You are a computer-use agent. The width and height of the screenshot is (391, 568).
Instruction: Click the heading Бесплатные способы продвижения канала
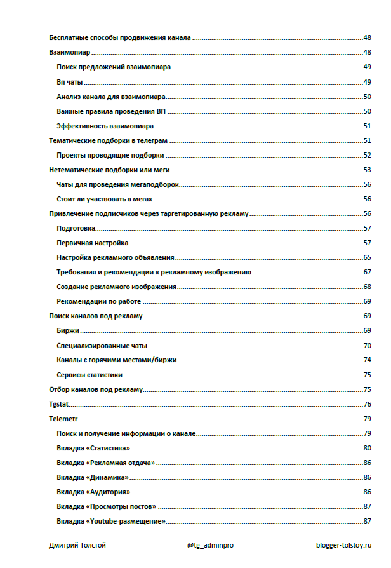tap(120, 38)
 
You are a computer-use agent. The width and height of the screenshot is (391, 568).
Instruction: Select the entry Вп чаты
tap(70, 82)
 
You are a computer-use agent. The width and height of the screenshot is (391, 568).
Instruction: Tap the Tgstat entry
tap(58, 405)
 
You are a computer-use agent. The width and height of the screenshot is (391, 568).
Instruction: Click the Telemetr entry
tap(63, 419)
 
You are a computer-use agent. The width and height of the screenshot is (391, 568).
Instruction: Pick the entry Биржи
tap(67, 331)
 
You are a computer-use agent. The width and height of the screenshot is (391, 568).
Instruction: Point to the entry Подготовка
tap(76, 228)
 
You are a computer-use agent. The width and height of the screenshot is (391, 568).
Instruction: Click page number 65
tap(367, 257)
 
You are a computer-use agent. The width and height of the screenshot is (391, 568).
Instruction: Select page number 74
tap(367, 360)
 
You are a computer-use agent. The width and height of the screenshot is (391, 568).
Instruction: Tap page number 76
tap(367, 405)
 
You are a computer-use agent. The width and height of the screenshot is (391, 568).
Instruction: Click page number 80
tap(367, 449)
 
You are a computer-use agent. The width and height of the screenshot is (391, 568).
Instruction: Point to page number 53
tap(367, 170)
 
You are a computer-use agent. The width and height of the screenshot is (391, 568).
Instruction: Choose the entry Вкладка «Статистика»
tap(98, 449)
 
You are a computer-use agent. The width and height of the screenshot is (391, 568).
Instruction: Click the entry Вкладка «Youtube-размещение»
tap(111, 522)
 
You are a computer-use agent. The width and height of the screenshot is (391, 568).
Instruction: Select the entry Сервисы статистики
tap(89, 375)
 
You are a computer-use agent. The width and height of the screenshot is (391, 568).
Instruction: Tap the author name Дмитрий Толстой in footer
tap(77, 545)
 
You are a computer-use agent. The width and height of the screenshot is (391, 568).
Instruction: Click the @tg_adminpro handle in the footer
tap(211, 545)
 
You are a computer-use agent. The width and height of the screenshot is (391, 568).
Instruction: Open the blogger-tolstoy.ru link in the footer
tap(344, 545)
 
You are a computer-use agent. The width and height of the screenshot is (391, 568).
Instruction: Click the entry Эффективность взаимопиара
tap(105, 126)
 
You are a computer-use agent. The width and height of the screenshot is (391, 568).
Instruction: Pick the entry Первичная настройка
tap(93, 243)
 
